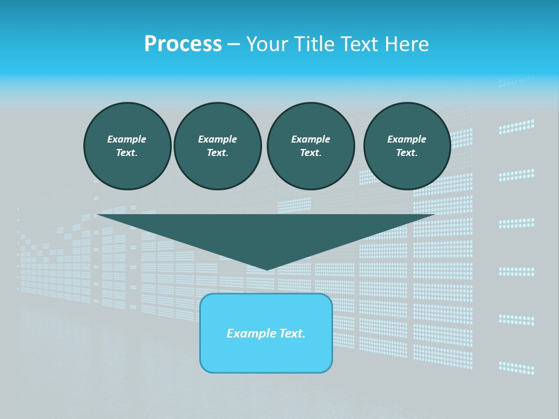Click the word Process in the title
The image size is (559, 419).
[x=183, y=44]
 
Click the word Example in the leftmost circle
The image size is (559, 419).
[x=126, y=139]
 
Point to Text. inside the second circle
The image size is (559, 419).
[x=217, y=153]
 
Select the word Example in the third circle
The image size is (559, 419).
[x=310, y=139]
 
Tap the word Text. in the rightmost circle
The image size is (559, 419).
[x=406, y=153]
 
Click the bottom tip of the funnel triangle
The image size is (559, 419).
[x=267, y=268]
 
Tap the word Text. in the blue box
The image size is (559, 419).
[x=292, y=333]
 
